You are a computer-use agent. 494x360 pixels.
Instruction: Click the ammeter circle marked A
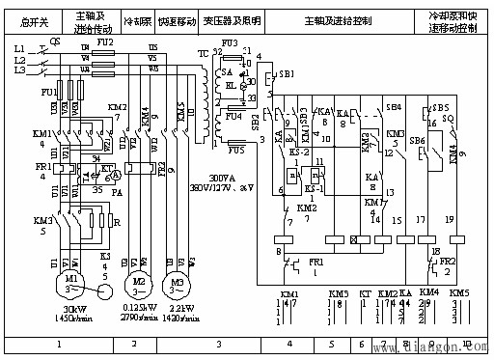coord(113,178)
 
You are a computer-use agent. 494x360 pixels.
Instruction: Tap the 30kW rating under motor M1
coord(70,309)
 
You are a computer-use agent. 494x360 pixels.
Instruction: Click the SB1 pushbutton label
coord(286,74)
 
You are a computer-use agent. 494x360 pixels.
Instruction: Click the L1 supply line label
coord(18,47)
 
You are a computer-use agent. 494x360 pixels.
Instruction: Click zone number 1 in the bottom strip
coord(60,343)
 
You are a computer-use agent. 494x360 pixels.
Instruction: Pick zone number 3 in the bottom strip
coord(220,343)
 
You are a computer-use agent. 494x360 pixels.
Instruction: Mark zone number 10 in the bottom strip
coord(472,343)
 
